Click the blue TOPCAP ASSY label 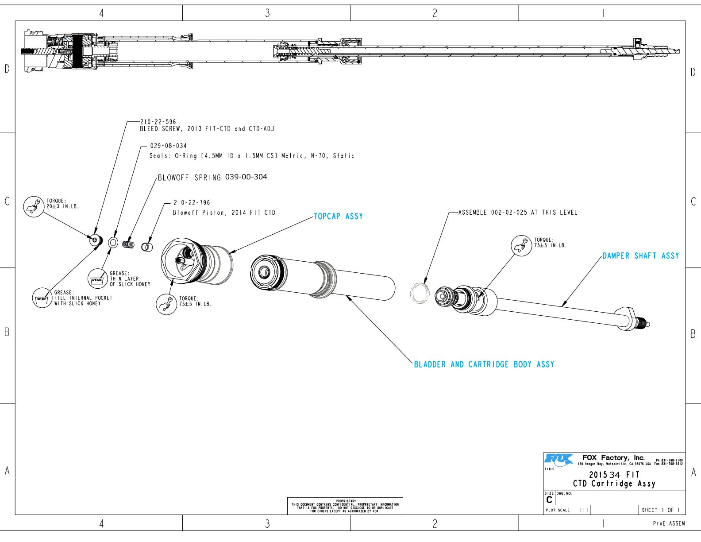[338, 216]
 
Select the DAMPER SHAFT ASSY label [640, 256]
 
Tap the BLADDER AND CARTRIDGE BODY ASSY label [484, 364]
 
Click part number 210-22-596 [158, 122]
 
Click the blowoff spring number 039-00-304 [246, 177]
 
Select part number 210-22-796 [192, 203]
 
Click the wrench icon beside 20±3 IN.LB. [34, 206]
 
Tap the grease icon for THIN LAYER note [97, 279]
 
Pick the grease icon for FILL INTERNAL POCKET [42, 299]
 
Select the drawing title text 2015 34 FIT [614, 475]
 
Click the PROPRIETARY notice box [345, 506]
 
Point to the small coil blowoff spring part [128, 244]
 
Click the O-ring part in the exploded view [113, 242]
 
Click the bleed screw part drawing [96, 240]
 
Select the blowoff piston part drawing [147, 246]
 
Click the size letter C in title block [549, 500]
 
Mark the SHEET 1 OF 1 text [661, 510]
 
